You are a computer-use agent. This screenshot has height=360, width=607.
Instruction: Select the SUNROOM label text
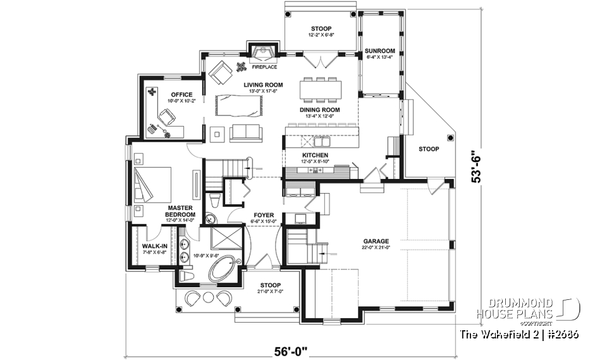tap(379, 51)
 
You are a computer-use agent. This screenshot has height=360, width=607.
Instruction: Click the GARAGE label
tap(376, 241)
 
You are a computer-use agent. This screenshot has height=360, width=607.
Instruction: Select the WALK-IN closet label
tap(154, 246)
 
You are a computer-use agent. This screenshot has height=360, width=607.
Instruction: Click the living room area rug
tap(238, 104)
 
